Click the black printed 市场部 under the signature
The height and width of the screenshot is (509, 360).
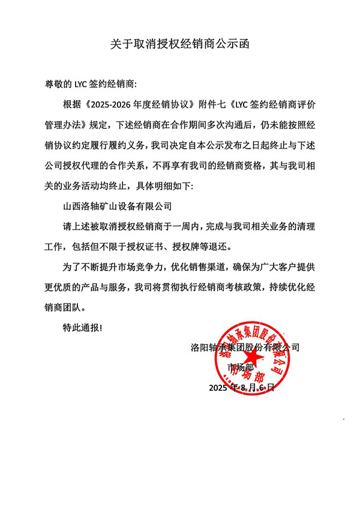point(238,367)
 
